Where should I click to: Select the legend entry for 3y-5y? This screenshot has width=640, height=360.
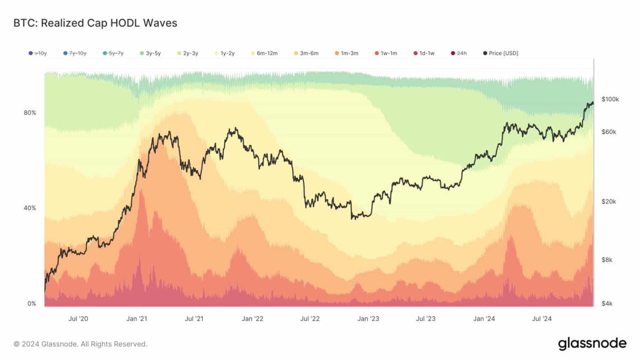[x=153, y=53]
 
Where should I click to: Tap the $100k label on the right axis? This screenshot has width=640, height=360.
[x=610, y=100]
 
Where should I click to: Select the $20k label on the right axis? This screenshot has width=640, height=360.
[x=609, y=202]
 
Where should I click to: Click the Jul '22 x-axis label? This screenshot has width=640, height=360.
[x=310, y=319]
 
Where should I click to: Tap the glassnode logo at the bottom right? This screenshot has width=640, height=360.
[x=592, y=344]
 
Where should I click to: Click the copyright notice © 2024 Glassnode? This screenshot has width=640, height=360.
[x=80, y=344]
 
